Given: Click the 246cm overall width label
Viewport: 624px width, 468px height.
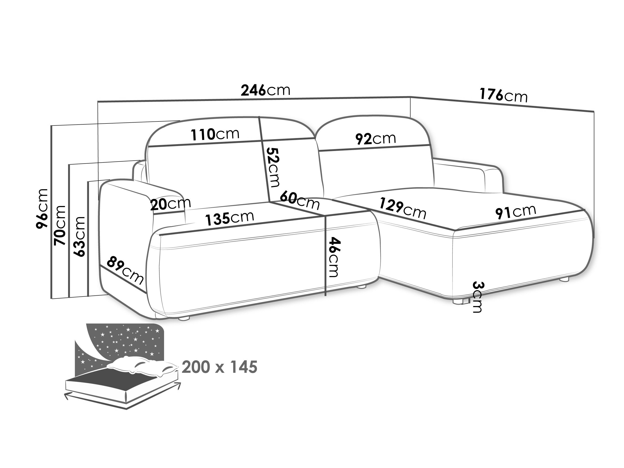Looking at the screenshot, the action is pyautogui.click(x=265, y=90).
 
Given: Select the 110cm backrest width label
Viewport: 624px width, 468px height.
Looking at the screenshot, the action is pyautogui.click(x=215, y=134).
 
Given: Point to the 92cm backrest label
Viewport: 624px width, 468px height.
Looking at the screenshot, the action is pyautogui.click(x=375, y=139).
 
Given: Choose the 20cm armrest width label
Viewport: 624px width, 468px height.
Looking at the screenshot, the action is pyautogui.click(x=170, y=204).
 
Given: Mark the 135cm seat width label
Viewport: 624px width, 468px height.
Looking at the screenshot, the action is pyautogui.click(x=229, y=219).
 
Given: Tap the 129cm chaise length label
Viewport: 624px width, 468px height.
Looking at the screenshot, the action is pyautogui.click(x=402, y=208).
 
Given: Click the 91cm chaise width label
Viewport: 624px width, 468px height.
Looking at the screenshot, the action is pyautogui.click(x=515, y=212).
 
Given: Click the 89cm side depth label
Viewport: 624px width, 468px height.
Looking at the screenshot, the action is pyautogui.click(x=125, y=270).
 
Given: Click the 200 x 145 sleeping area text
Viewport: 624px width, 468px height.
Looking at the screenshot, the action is pyautogui.click(x=219, y=367).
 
